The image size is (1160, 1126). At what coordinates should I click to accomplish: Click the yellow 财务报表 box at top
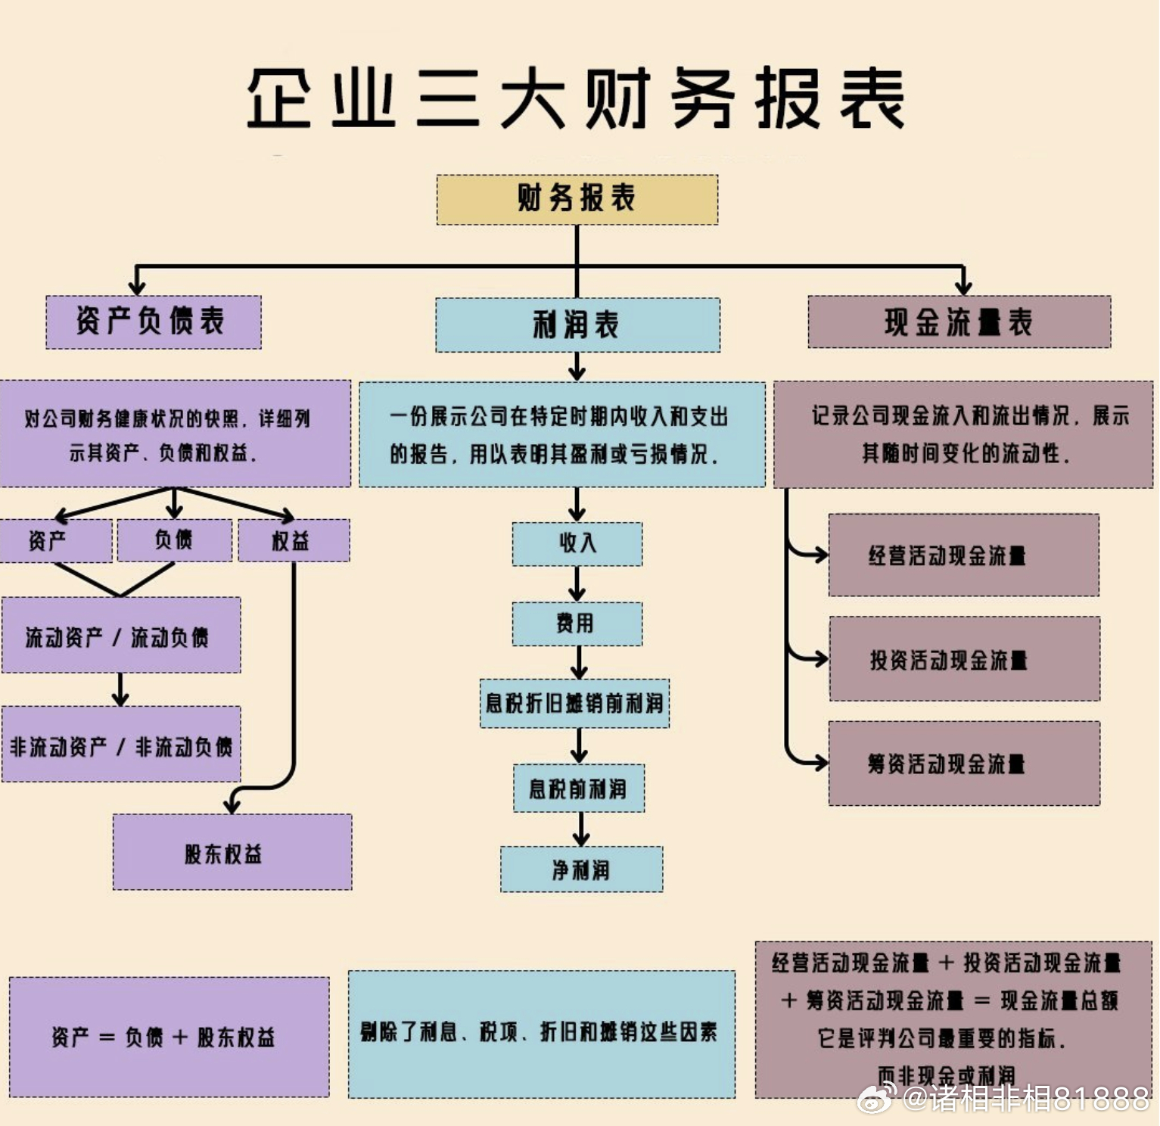pos(577,199)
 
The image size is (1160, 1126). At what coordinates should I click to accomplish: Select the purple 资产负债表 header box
pos(153,322)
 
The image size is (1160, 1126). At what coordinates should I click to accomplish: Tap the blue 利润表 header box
pos(577,325)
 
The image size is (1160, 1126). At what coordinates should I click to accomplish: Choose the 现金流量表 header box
pos(959,322)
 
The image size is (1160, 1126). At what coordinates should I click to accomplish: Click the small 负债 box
pos(174,540)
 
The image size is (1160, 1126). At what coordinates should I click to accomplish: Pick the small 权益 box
pos(293,540)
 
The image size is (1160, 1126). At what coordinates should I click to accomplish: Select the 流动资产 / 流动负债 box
pos(120,636)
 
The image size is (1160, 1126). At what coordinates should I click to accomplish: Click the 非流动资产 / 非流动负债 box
pos(120,745)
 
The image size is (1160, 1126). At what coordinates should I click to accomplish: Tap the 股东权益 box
pos(232,853)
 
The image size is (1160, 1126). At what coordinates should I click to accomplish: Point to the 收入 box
pos(577,543)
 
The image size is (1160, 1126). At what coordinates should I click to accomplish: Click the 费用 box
pos(577,624)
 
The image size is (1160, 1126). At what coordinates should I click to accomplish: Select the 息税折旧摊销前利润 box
pos(574,704)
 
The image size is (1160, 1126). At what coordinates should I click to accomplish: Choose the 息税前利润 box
pos(578,789)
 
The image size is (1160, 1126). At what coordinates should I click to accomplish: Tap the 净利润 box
pos(580,869)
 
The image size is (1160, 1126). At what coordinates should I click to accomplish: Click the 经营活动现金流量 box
pos(963,555)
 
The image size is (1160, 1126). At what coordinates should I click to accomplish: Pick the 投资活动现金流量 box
pos(964,659)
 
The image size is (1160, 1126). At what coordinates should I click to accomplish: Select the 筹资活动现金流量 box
pos(963,763)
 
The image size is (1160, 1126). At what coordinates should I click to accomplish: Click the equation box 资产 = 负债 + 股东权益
pos(169,1037)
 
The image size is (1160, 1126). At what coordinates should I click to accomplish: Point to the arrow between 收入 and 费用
pos(577,584)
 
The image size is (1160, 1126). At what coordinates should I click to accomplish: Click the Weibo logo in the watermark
pos(876,1097)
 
